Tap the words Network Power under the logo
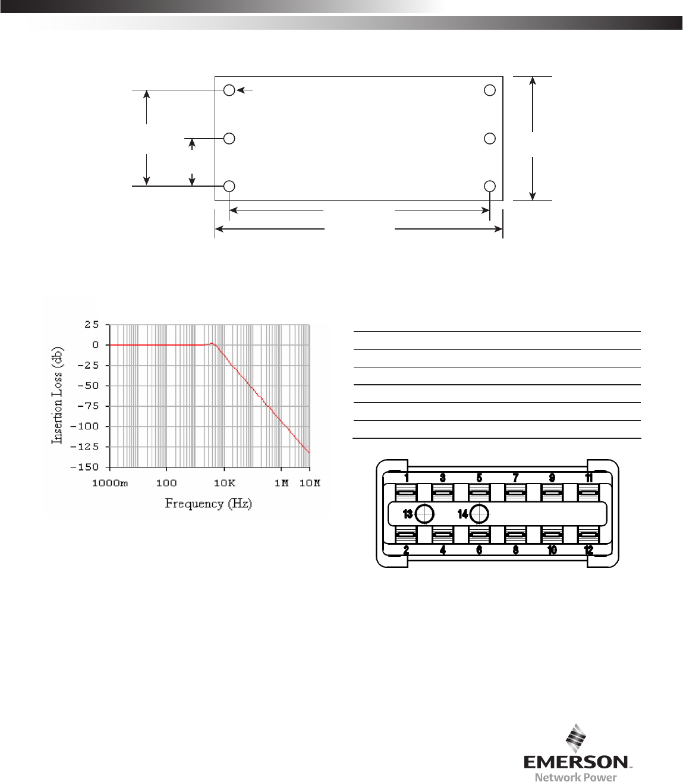click(x=575, y=777)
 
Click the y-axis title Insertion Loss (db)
click(x=57, y=395)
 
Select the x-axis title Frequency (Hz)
click(x=208, y=504)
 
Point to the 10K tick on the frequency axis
click(x=224, y=483)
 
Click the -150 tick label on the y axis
click(x=84, y=467)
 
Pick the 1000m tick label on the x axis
click(x=110, y=483)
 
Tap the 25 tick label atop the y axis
click(x=92, y=325)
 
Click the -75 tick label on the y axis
click(x=88, y=406)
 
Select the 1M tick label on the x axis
click(x=282, y=483)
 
